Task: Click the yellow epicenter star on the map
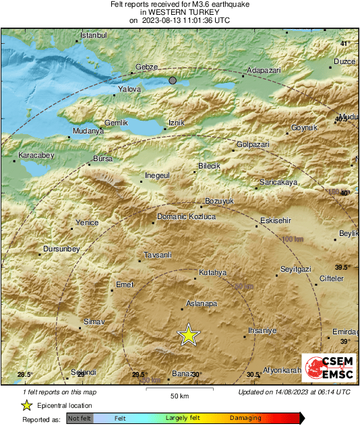[x=189, y=334]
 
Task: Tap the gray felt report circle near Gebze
[x=173, y=80]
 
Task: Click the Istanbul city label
[x=94, y=35]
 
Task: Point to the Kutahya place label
[x=212, y=273]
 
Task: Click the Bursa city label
[x=102, y=158]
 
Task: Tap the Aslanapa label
[x=202, y=304]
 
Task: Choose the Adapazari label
[x=264, y=70]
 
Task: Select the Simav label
[x=94, y=323]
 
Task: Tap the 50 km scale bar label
[x=179, y=395]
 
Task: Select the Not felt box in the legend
[x=80, y=419]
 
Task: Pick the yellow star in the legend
[x=26, y=406]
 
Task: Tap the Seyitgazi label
[x=296, y=270]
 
